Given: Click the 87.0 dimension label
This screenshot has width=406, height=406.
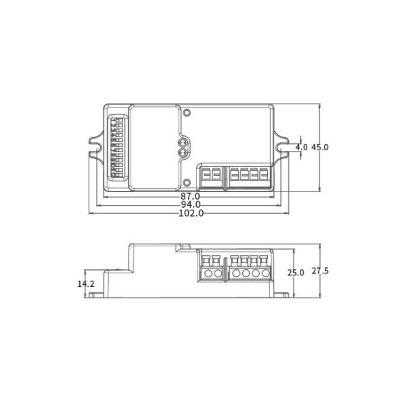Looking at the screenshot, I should click(x=190, y=196).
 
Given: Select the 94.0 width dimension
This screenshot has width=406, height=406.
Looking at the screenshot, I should click(x=190, y=204).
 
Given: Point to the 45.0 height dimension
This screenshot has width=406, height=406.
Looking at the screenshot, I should click(x=320, y=148).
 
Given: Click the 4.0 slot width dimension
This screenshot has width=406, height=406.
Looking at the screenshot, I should click(x=301, y=148).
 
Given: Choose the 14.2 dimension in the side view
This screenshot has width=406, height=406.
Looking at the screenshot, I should click(x=85, y=284).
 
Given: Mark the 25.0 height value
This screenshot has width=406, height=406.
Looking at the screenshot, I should click(x=296, y=273).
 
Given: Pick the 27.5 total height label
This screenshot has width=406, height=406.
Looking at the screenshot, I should click(x=320, y=271).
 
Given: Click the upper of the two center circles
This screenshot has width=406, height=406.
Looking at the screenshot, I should click(x=182, y=143).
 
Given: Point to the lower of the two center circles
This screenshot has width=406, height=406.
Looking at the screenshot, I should click(x=182, y=153).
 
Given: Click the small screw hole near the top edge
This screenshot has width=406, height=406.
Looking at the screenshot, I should click(x=187, y=110).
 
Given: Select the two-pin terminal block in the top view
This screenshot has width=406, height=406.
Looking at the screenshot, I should click(x=210, y=175).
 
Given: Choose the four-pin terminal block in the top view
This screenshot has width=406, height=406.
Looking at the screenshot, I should click(x=249, y=175).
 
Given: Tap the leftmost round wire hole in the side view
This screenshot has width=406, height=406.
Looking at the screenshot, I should click(x=208, y=274).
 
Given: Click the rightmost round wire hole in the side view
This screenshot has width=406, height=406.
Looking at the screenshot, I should click(x=265, y=274).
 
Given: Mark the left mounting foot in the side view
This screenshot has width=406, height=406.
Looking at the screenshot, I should click(x=97, y=294).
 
